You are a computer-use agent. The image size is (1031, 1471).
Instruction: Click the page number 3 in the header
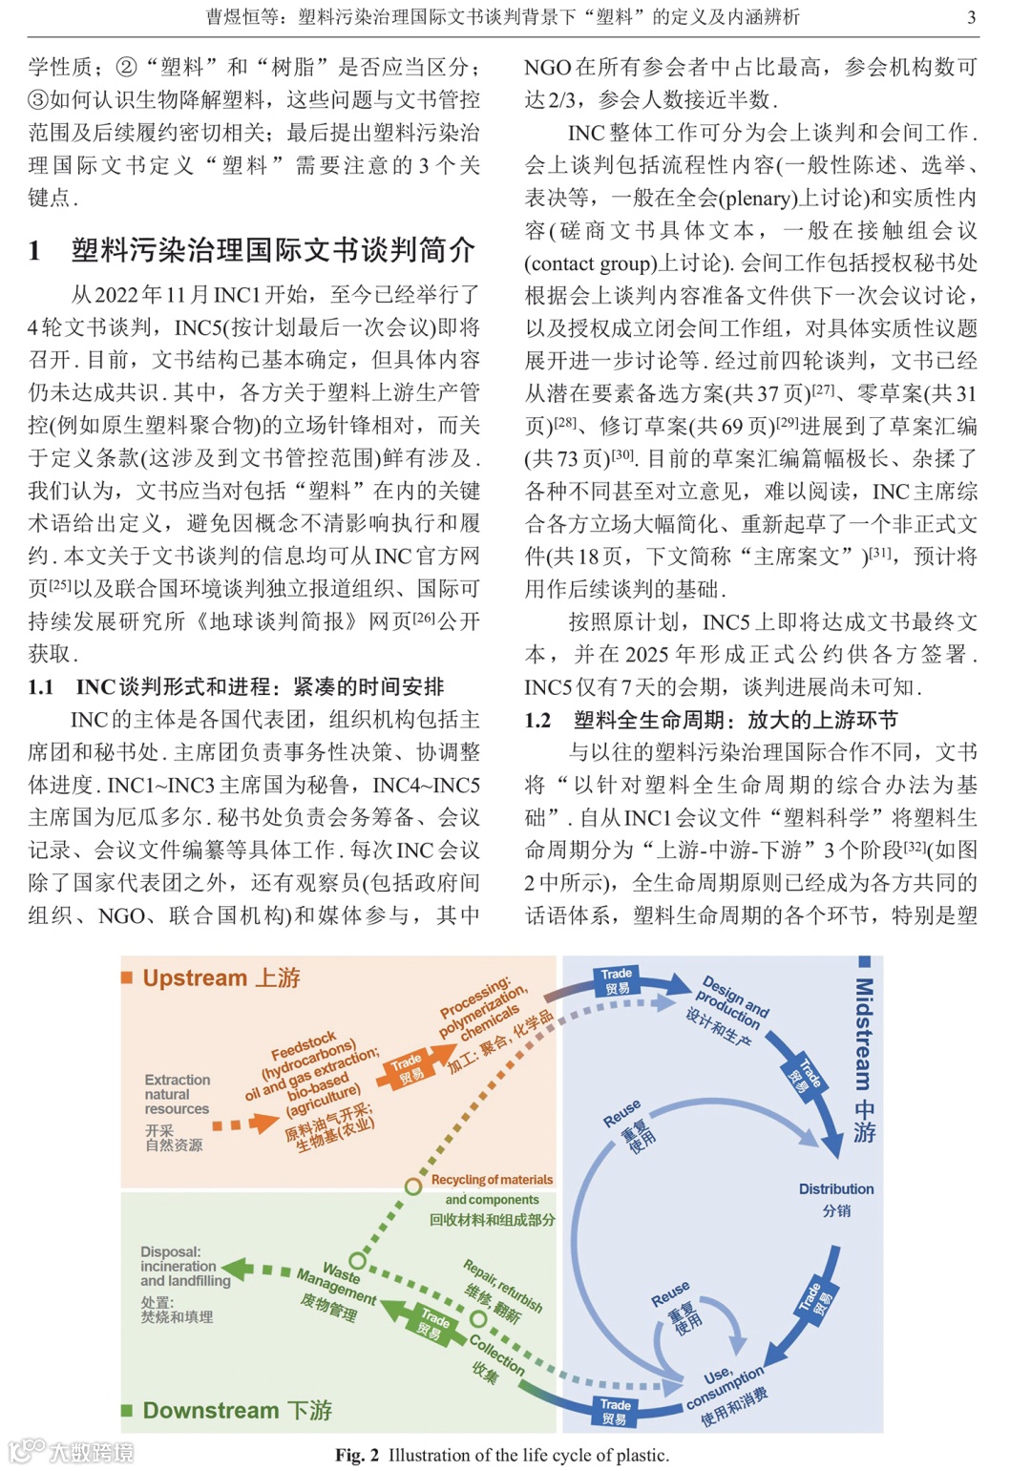[971, 17]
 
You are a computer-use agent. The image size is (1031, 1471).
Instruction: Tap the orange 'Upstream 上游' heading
[221, 977]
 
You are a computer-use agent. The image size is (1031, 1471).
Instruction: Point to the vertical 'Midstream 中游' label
[863, 1060]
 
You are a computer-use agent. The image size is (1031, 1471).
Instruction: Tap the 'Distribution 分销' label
[836, 1199]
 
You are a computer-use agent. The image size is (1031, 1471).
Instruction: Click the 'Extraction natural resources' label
[177, 1094]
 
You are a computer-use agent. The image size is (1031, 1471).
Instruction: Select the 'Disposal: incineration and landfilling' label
[185, 1266]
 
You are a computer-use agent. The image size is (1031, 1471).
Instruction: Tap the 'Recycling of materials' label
[492, 1180]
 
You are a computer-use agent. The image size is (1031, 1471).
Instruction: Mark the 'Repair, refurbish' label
[503, 1285]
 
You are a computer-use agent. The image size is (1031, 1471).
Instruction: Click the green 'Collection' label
[496, 1354]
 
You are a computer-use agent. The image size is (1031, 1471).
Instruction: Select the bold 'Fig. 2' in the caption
[357, 1455]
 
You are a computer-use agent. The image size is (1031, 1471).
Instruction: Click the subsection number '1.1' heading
[40, 686]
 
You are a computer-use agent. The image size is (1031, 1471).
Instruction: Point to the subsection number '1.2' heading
[538, 720]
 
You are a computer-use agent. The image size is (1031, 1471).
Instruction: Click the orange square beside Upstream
[127, 977]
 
